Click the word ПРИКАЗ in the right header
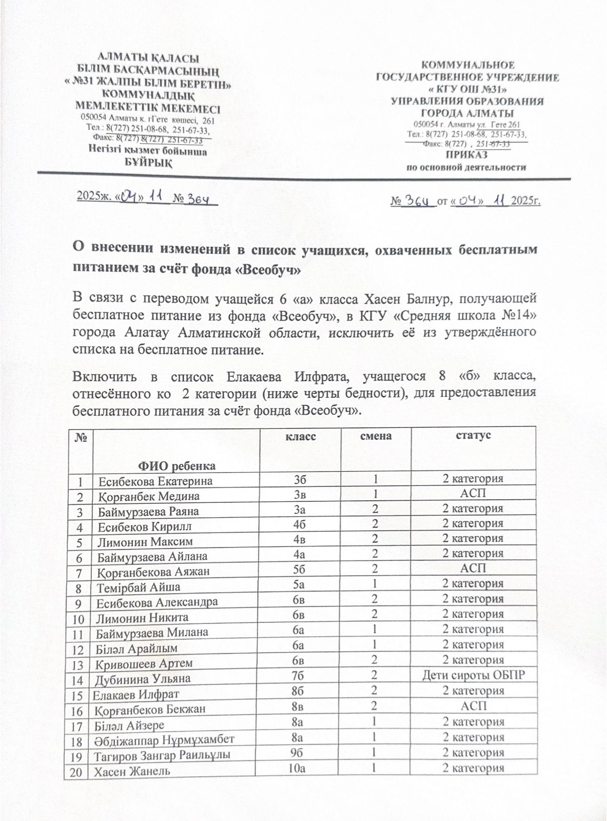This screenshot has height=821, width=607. tap(466, 155)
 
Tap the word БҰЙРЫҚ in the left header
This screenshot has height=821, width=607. tap(148, 163)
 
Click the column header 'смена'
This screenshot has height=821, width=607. tap(376, 436)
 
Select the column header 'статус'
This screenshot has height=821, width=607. tap(473, 435)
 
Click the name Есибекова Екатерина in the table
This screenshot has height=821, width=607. tap(155, 481)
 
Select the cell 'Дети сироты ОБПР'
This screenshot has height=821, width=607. tap(473, 675)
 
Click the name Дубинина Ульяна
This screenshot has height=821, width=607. tap(143, 679)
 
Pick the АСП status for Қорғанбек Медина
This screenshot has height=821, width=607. tap(473, 494)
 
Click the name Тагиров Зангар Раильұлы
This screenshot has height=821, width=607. tap(162, 755)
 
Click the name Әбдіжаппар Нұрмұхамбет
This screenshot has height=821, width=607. tap(164, 739)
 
